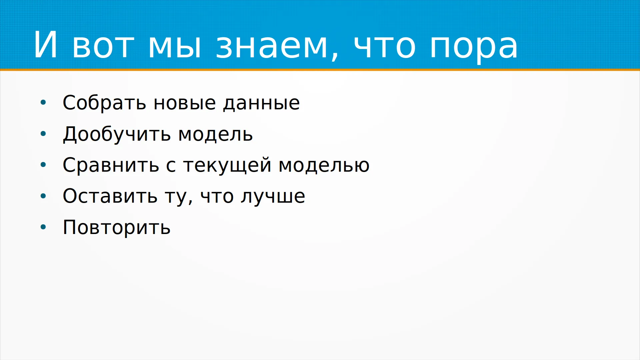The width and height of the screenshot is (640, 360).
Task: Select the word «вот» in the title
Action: tap(103, 46)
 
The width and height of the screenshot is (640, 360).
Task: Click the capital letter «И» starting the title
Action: tap(45, 44)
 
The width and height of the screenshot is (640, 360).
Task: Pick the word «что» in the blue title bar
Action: tap(385, 46)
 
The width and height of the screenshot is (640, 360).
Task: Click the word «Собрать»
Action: tap(104, 103)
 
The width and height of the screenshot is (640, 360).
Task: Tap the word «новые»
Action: tap(184, 103)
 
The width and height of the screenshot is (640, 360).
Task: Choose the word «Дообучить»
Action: tap(117, 134)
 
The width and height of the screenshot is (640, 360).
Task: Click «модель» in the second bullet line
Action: tap(216, 134)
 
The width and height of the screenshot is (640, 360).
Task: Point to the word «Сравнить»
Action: tap(111, 165)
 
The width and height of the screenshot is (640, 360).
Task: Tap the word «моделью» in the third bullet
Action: tap(324, 166)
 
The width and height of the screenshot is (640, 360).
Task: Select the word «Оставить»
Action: tap(110, 196)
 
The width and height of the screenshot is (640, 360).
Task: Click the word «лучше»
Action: tap(273, 197)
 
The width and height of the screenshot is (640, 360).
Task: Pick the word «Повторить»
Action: tap(117, 228)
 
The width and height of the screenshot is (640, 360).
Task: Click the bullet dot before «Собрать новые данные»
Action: tap(43, 103)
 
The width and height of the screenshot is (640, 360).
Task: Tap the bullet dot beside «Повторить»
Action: tap(43, 227)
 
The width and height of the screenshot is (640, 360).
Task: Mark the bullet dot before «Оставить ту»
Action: tap(43, 196)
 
